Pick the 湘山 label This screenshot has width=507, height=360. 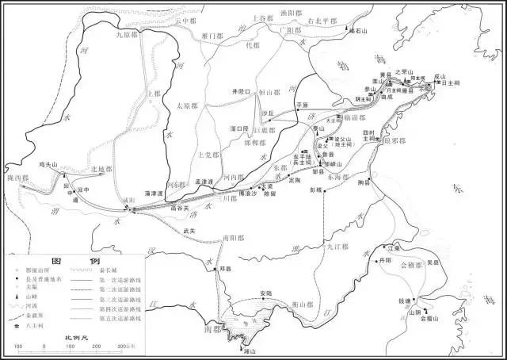pos(249,350)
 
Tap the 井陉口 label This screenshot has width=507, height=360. pos(240,90)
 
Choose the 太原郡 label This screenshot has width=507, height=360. pos(186,105)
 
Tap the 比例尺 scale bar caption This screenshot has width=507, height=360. pos(74,339)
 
